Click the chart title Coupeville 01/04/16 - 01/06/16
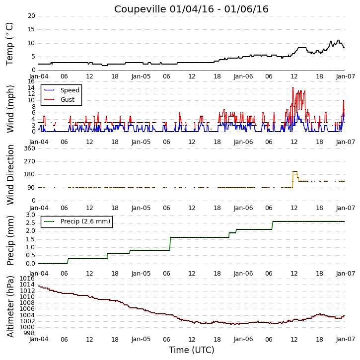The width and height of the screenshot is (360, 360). [x=191, y=9]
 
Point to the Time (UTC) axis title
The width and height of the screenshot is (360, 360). [x=192, y=350]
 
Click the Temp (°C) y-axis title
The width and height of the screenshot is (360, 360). [x=9, y=44]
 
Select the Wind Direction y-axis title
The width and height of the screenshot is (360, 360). [x=10, y=175]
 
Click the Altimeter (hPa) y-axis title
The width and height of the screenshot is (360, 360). [x=10, y=306]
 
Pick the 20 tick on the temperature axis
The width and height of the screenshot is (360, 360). [x=31, y=16]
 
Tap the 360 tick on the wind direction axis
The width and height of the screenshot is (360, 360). [x=30, y=148]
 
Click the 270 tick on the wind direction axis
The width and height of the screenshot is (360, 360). [x=30, y=161]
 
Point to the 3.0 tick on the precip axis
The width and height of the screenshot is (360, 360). [x=30, y=215]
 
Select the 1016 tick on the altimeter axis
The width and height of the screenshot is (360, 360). [x=28, y=279]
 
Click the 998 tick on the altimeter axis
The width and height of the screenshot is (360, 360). [x=30, y=333]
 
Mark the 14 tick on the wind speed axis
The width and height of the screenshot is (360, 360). [x=31, y=88]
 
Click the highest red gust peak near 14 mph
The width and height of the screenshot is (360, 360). [x=293, y=87]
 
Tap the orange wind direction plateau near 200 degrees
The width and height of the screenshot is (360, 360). [x=295, y=171]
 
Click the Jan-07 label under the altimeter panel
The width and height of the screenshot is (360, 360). [x=346, y=339]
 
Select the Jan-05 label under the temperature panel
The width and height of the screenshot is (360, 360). [x=141, y=76]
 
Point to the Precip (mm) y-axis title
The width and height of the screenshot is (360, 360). [x=10, y=240]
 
